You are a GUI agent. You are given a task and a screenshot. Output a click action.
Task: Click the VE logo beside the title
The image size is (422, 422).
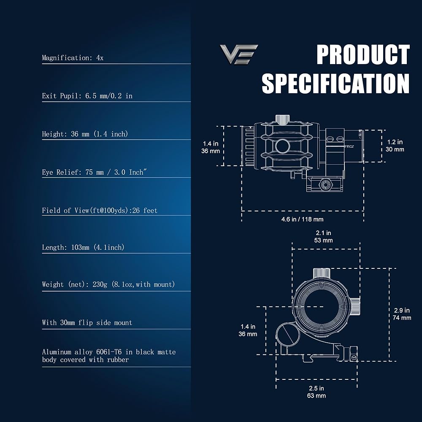(239, 54)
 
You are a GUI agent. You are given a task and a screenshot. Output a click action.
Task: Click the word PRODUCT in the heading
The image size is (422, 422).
(363, 55)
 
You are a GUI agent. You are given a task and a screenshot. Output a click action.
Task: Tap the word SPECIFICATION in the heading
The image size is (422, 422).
(335, 83)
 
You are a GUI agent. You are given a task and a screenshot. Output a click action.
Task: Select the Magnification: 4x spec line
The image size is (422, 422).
(73, 58)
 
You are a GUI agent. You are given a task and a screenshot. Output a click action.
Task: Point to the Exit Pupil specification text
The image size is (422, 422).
(87, 96)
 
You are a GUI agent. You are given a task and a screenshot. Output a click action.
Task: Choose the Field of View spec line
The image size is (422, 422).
(100, 210)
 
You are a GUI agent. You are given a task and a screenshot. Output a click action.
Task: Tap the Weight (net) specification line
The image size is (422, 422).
(108, 284)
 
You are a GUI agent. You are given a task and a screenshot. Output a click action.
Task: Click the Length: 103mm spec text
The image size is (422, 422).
(83, 247)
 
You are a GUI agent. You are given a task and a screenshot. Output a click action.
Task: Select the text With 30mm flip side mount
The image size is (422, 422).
(87, 322)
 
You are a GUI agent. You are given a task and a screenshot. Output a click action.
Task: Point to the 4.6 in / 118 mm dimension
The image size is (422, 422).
(302, 219)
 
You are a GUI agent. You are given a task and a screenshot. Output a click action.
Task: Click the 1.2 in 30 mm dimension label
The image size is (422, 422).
(395, 146)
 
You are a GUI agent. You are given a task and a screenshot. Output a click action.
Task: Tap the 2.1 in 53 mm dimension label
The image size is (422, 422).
(324, 236)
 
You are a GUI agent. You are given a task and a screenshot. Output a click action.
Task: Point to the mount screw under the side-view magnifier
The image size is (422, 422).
(325, 184)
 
